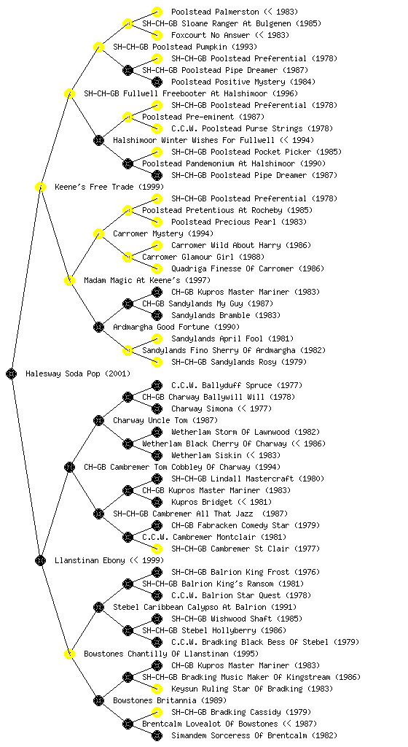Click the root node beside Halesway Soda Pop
click(x=12, y=373)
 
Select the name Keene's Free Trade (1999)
click(x=109, y=187)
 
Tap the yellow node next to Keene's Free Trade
click(x=40, y=187)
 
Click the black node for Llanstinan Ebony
click(x=40, y=560)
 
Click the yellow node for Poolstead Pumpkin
click(x=98, y=47)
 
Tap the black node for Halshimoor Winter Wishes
click(x=98, y=140)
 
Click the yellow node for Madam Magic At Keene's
click(x=69, y=280)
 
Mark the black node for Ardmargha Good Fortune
click(x=98, y=327)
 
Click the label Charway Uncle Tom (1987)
click(x=165, y=420)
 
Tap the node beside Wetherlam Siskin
click(x=157, y=455)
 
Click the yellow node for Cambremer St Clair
click(x=157, y=549)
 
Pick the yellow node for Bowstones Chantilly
click(x=69, y=654)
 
